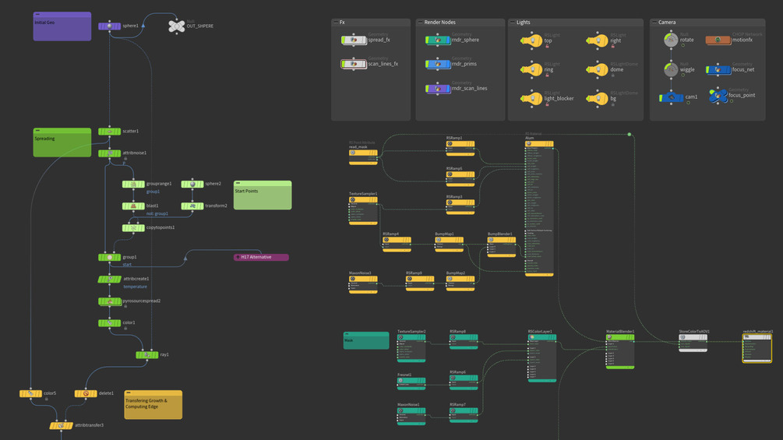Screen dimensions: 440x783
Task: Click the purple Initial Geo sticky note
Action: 62,26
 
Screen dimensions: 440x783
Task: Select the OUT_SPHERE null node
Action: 177,26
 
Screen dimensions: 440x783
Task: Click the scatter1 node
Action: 109,132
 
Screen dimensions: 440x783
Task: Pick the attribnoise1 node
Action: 109,153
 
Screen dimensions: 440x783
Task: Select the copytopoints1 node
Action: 132,228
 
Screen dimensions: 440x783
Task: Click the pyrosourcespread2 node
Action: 109,301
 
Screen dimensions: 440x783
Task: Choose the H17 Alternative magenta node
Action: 261,257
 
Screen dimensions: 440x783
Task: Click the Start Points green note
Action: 263,195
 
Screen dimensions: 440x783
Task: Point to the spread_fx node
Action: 354,40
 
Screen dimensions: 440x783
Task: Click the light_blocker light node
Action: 531,99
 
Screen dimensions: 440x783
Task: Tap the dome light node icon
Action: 597,70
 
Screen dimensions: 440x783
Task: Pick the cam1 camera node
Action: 669,98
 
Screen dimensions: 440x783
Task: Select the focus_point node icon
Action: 718,96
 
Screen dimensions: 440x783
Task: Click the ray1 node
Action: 146,355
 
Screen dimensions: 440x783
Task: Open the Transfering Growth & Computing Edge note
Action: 153,405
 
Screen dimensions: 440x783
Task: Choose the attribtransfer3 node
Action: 61,426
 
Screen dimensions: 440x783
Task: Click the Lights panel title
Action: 524,23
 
